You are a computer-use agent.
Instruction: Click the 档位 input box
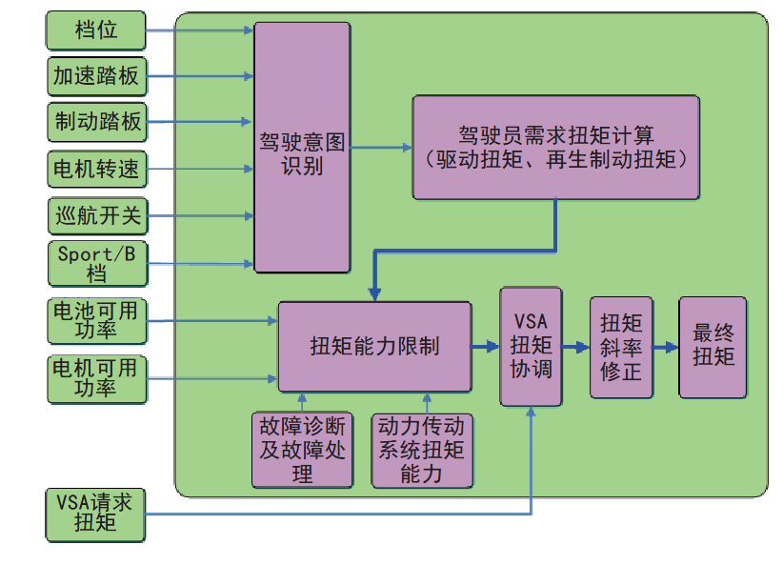96,30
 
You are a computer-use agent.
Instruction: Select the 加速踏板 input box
96,76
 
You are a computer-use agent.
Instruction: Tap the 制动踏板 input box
96,122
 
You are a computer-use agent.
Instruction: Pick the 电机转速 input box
96,170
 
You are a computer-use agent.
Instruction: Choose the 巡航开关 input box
96,215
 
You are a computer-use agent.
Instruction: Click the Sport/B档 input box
96,263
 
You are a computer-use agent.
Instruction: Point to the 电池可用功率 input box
96,321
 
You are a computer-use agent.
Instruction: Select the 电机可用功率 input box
96,377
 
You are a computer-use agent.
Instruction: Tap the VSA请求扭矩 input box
96,514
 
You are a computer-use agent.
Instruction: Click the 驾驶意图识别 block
301,147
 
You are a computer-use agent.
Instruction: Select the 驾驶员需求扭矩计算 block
556,147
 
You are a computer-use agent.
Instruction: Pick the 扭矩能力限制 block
374,347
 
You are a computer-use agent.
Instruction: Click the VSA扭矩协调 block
531,346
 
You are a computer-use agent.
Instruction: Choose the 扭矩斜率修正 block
620,347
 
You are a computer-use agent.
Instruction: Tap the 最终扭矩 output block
713,347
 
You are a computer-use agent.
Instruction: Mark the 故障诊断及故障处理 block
302,450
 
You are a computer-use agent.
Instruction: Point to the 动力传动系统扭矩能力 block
421,450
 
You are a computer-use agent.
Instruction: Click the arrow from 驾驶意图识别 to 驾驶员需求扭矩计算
380,148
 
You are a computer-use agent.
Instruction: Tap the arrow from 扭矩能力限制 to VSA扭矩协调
486,347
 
